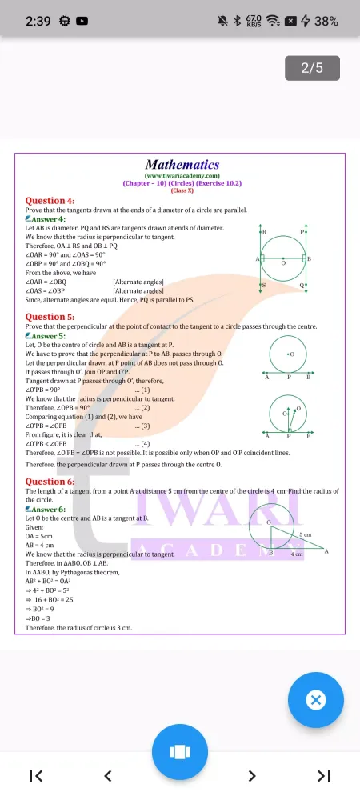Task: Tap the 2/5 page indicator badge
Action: [x=312, y=68]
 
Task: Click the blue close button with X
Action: [x=316, y=700]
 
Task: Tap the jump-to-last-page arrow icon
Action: [x=323, y=775]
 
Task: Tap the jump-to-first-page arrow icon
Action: [x=36, y=775]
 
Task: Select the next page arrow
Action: [x=252, y=775]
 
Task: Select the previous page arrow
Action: [x=108, y=775]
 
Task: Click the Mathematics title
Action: [x=182, y=165]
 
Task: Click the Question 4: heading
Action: [x=50, y=201]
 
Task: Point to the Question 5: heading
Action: [x=50, y=317]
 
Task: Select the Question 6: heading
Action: [x=50, y=482]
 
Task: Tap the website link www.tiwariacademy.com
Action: [x=182, y=176]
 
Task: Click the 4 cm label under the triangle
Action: [x=297, y=554]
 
